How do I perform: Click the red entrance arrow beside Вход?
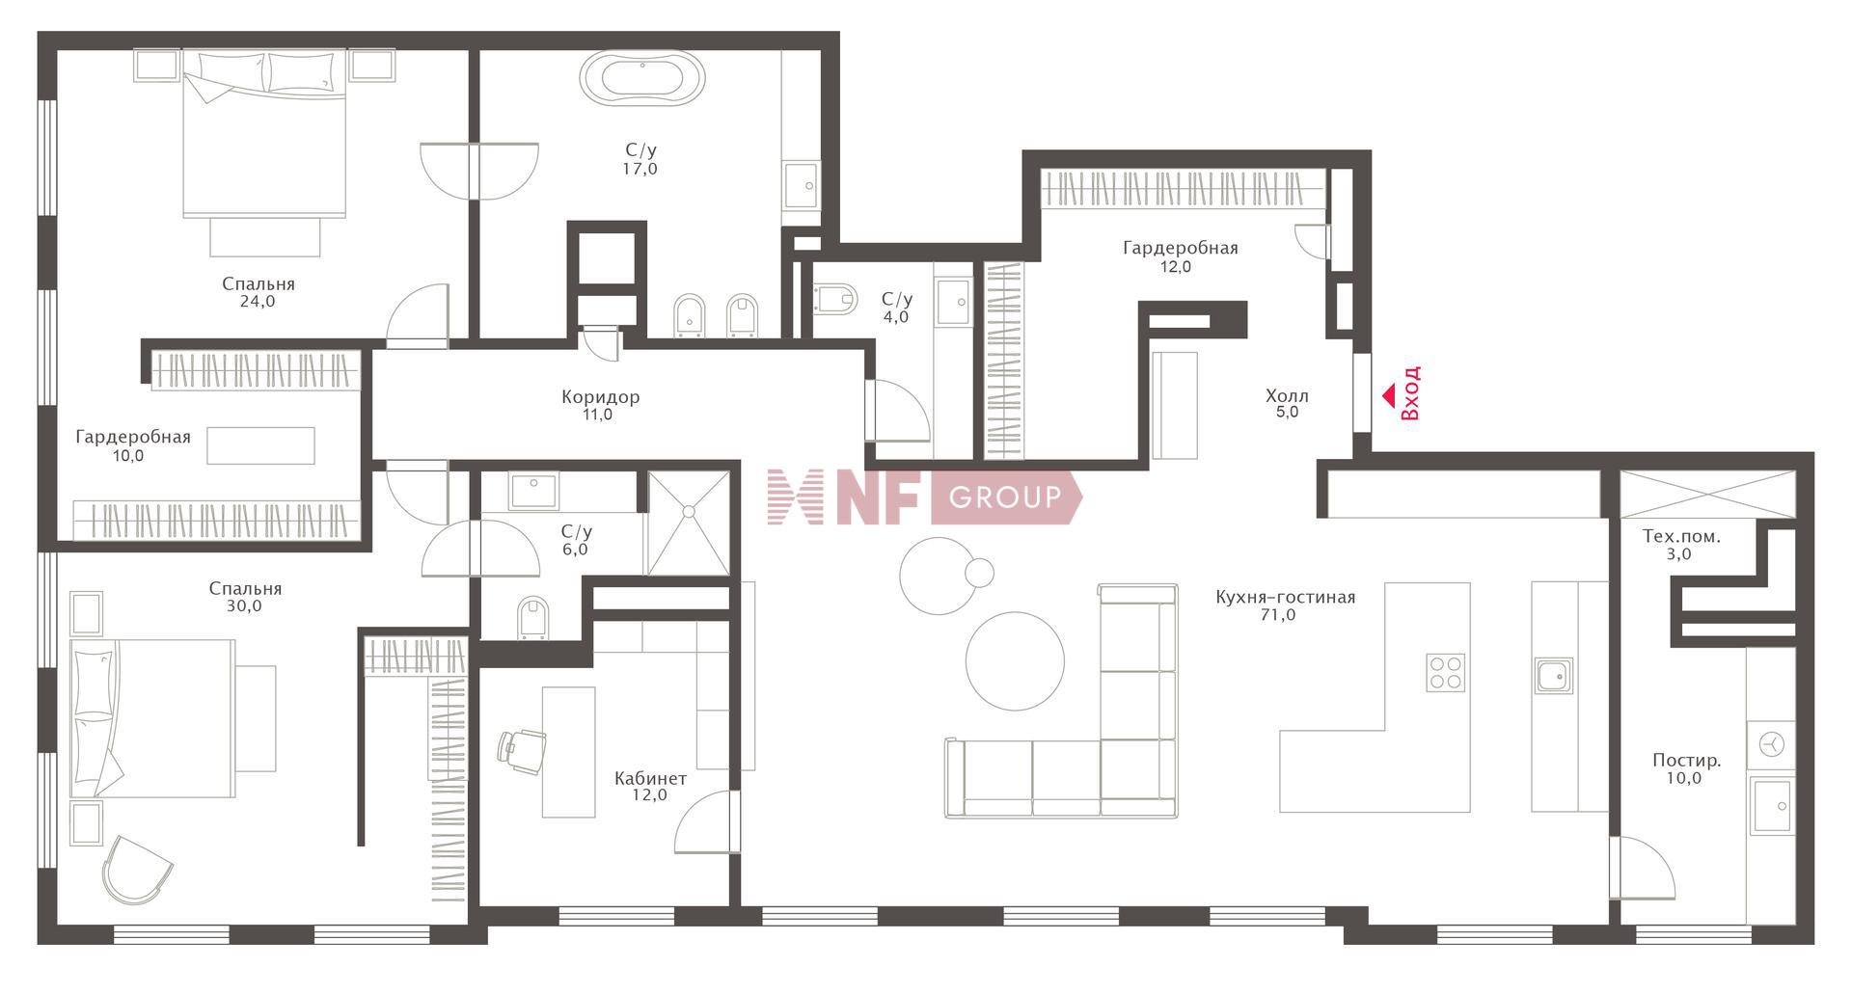click(1390, 395)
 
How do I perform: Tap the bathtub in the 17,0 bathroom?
click(642, 78)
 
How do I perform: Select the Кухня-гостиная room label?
click(1285, 598)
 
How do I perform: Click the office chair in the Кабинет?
click(521, 751)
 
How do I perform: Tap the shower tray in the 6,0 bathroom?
click(689, 523)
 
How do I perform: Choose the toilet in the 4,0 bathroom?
click(835, 298)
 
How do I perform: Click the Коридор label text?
click(600, 397)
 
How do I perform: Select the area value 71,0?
click(1278, 615)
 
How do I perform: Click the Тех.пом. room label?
click(1681, 536)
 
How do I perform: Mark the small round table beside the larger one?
click(979, 573)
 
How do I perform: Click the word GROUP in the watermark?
click(1005, 497)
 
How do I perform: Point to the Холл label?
click(1287, 395)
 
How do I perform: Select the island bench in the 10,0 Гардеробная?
click(260, 445)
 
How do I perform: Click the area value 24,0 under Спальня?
click(258, 301)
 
